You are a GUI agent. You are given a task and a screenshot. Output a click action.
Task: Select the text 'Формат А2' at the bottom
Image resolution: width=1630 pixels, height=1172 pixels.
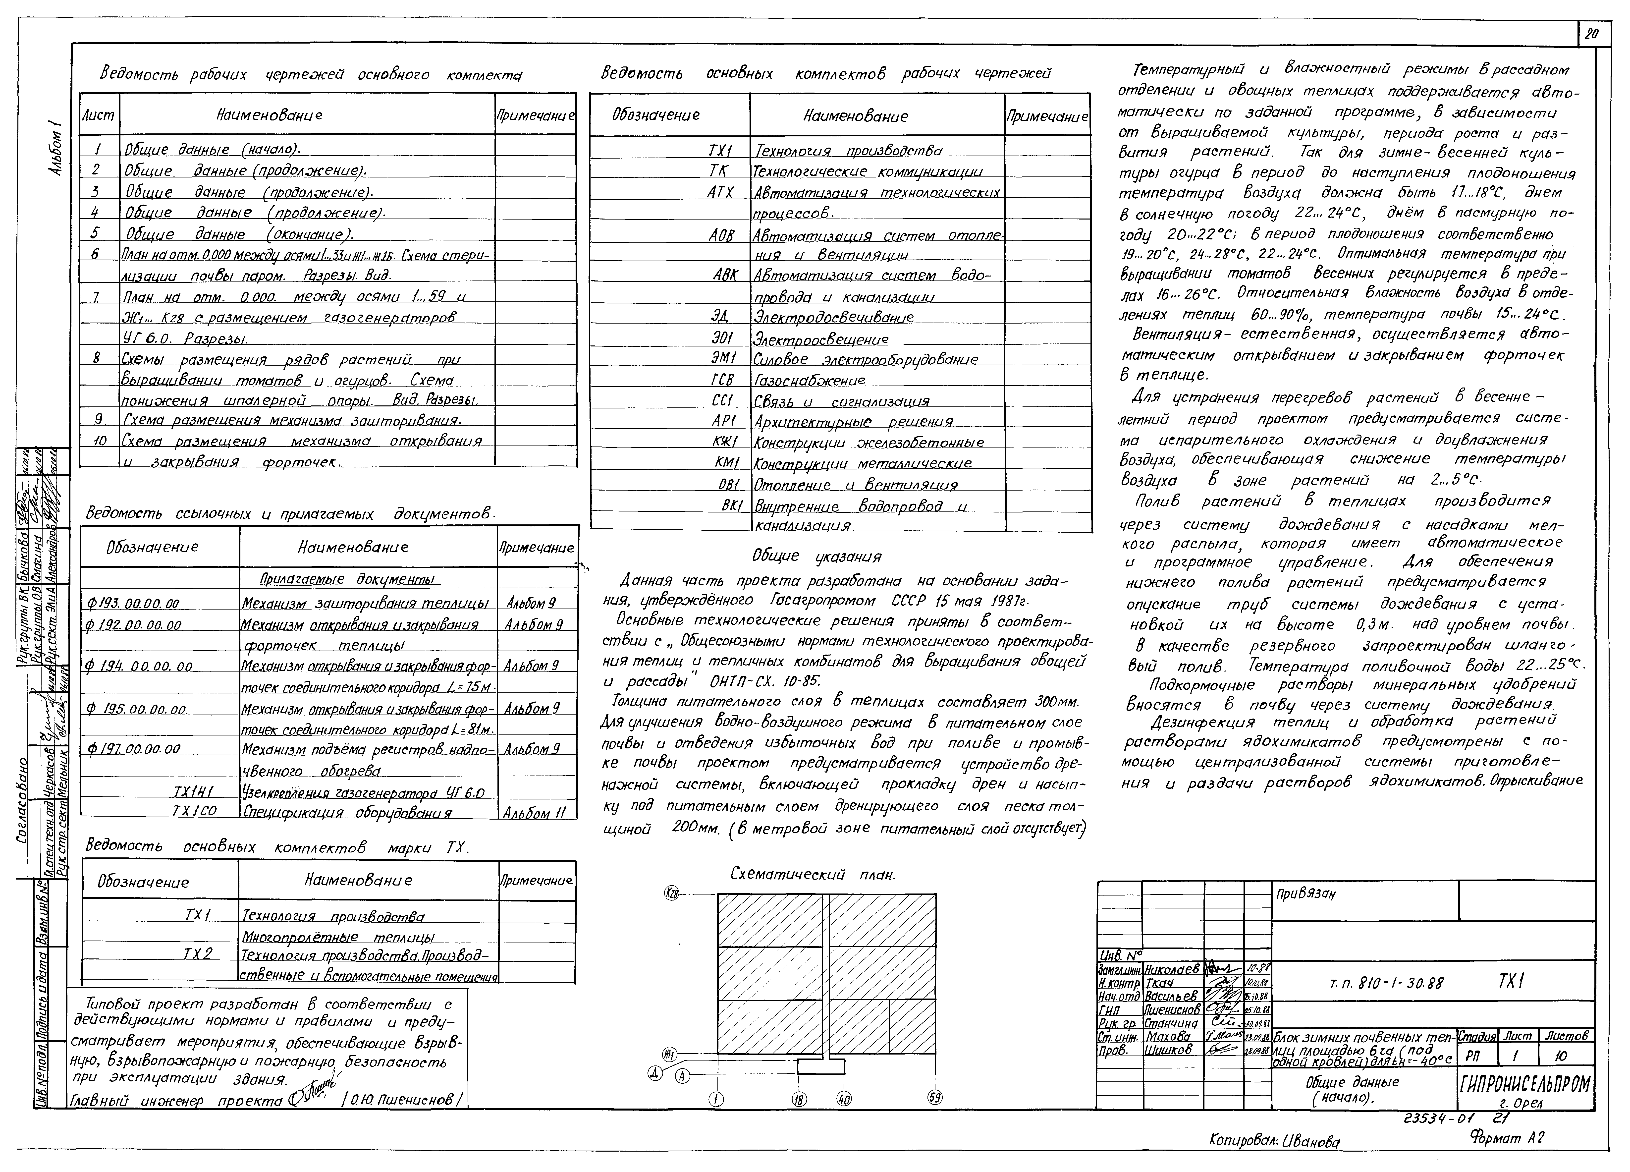tap(1507, 1137)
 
